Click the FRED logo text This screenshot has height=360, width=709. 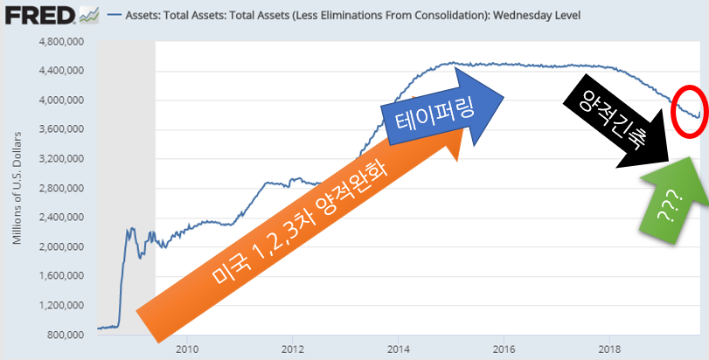click(40, 15)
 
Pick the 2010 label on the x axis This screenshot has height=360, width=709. click(186, 350)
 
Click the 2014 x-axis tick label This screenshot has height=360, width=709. click(398, 350)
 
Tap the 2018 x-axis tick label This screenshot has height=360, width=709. click(609, 350)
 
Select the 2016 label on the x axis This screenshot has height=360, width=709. click(504, 350)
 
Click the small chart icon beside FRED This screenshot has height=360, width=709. click(89, 15)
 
